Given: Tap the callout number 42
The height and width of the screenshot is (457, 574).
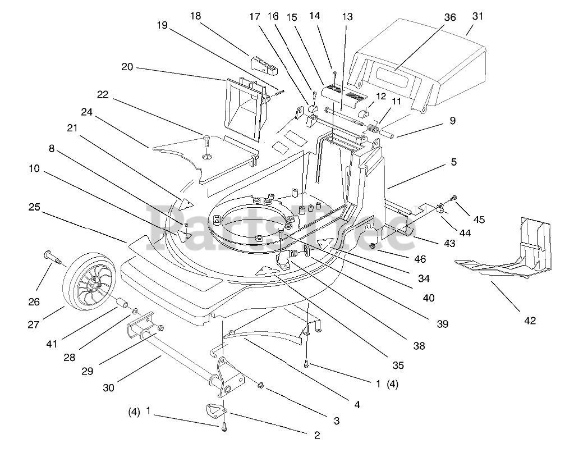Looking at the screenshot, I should tap(529, 321).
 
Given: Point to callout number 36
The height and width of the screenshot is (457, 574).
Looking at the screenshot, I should tap(450, 17).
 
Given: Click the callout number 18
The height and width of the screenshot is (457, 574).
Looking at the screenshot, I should tap(195, 16).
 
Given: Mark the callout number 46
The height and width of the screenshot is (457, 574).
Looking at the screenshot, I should tap(420, 259).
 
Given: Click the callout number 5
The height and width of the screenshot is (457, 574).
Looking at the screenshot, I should tap(453, 162).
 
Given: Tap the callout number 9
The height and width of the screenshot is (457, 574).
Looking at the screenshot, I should tap(452, 120).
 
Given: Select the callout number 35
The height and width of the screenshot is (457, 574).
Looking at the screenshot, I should tap(398, 365).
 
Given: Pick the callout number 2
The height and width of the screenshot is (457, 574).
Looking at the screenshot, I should tap(317, 435).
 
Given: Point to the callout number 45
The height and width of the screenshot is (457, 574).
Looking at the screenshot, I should tap(480, 220).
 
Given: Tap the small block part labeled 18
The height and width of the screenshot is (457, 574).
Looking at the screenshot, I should tap(265, 64).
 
